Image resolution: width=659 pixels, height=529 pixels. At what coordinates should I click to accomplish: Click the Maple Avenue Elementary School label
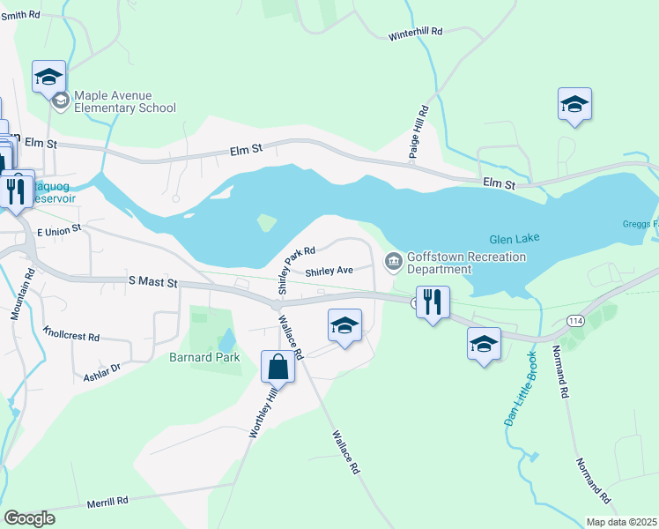pyautogui.click(x=124, y=101)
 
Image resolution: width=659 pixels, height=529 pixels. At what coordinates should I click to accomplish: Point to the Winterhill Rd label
pyautogui.click(x=415, y=34)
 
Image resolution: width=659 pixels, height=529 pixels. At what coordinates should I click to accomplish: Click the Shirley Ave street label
pyautogui.click(x=329, y=272)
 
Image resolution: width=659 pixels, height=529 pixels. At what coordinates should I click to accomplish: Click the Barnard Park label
pyautogui.click(x=204, y=358)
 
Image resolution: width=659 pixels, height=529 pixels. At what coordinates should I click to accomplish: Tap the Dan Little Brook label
pyautogui.click(x=522, y=389)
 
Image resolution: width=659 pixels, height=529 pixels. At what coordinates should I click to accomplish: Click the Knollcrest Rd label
pyautogui.click(x=71, y=336)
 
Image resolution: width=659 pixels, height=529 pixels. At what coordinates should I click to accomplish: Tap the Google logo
pyautogui.click(x=29, y=518)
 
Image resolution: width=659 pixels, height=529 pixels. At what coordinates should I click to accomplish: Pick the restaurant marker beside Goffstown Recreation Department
pyautogui.click(x=432, y=302)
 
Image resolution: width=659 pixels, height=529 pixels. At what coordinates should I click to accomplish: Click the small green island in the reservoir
pyautogui.click(x=265, y=223)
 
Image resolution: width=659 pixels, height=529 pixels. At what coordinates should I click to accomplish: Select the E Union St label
pyautogui.click(x=58, y=229)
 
